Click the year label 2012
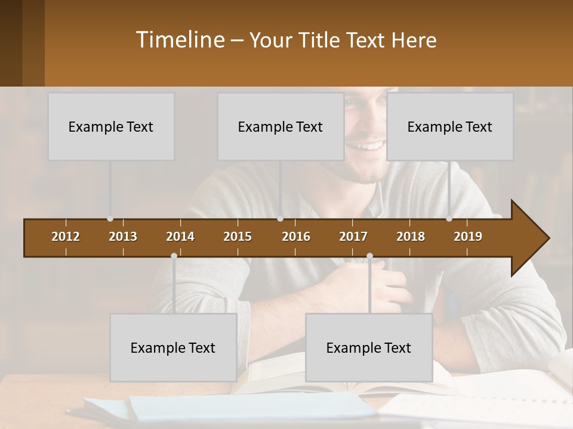click(x=66, y=237)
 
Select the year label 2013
click(x=123, y=237)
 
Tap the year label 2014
click(x=180, y=237)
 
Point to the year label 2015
click(x=238, y=237)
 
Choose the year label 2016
click(x=296, y=237)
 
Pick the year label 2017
click(x=353, y=237)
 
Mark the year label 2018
click(x=411, y=237)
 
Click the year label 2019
click(x=468, y=237)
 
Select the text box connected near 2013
click(x=111, y=126)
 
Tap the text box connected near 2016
click(x=281, y=126)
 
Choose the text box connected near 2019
click(x=450, y=126)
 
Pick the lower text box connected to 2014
click(x=173, y=347)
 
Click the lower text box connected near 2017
click(x=369, y=347)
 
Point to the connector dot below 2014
click(x=174, y=256)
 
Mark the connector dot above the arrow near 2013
click(x=110, y=219)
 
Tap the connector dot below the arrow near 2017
click(x=369, y=256)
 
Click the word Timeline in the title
click(x=180, y=40)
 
